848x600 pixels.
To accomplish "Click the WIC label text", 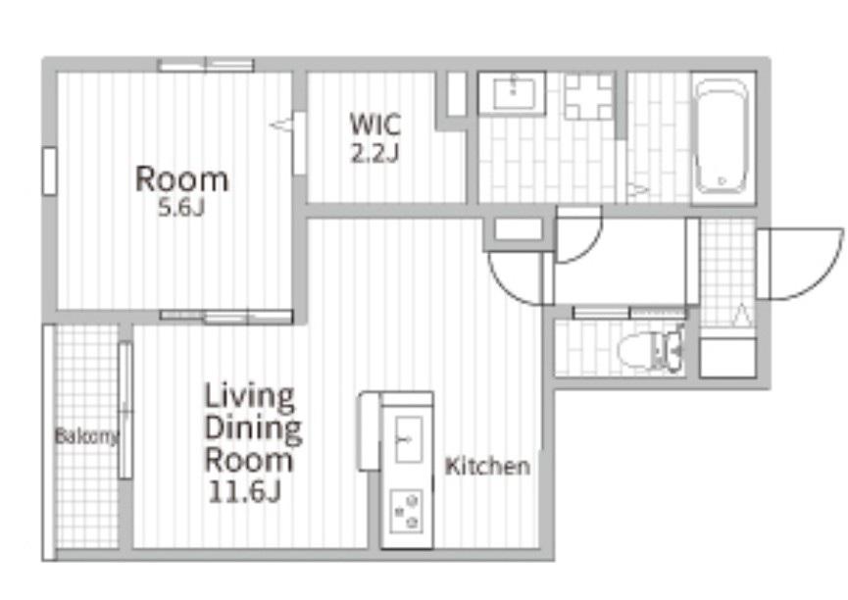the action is tap(375, 124).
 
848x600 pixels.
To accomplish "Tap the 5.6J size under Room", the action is tap(181, 208).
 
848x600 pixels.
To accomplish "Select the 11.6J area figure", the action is tap(244, 491).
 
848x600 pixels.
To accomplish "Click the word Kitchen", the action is tap(487, 466).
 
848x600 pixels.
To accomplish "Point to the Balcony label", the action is tap(87, 436).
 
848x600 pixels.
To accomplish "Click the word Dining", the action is tap(253, 428).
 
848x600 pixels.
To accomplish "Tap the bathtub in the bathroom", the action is tap(721, 136).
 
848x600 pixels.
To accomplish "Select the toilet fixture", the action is tap(650, 350).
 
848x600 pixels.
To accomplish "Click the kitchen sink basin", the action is tap(409, 439).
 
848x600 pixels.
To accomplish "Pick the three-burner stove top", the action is tap(406, 510).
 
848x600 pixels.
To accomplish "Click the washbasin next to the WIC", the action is tap(512, 93).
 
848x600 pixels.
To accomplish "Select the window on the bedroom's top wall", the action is tap(206, 65).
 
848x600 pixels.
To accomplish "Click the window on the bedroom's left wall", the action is tap(49, 171).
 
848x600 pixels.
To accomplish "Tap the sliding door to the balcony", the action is tap(125, 410).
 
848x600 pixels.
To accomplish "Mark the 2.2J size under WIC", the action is tap(374, 154).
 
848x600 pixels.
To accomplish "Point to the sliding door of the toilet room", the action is tap(629, 312).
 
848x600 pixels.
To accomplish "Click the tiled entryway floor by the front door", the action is tap(727, 273).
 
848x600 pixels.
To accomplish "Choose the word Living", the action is tap(250, 397).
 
